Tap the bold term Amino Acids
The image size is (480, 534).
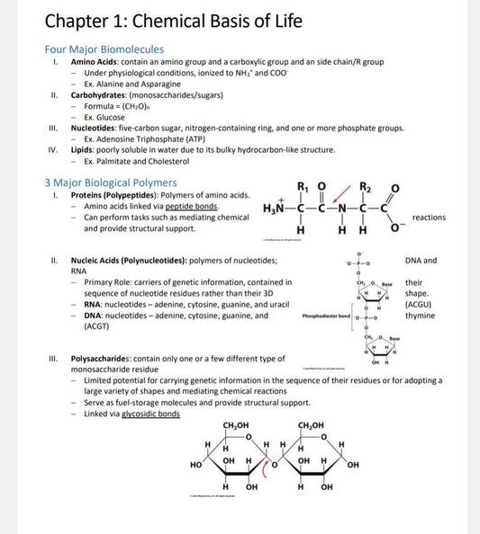96,62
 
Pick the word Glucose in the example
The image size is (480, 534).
111,117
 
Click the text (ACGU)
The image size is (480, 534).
419,305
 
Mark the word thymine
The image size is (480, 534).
420,316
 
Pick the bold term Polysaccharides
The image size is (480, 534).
109,358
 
